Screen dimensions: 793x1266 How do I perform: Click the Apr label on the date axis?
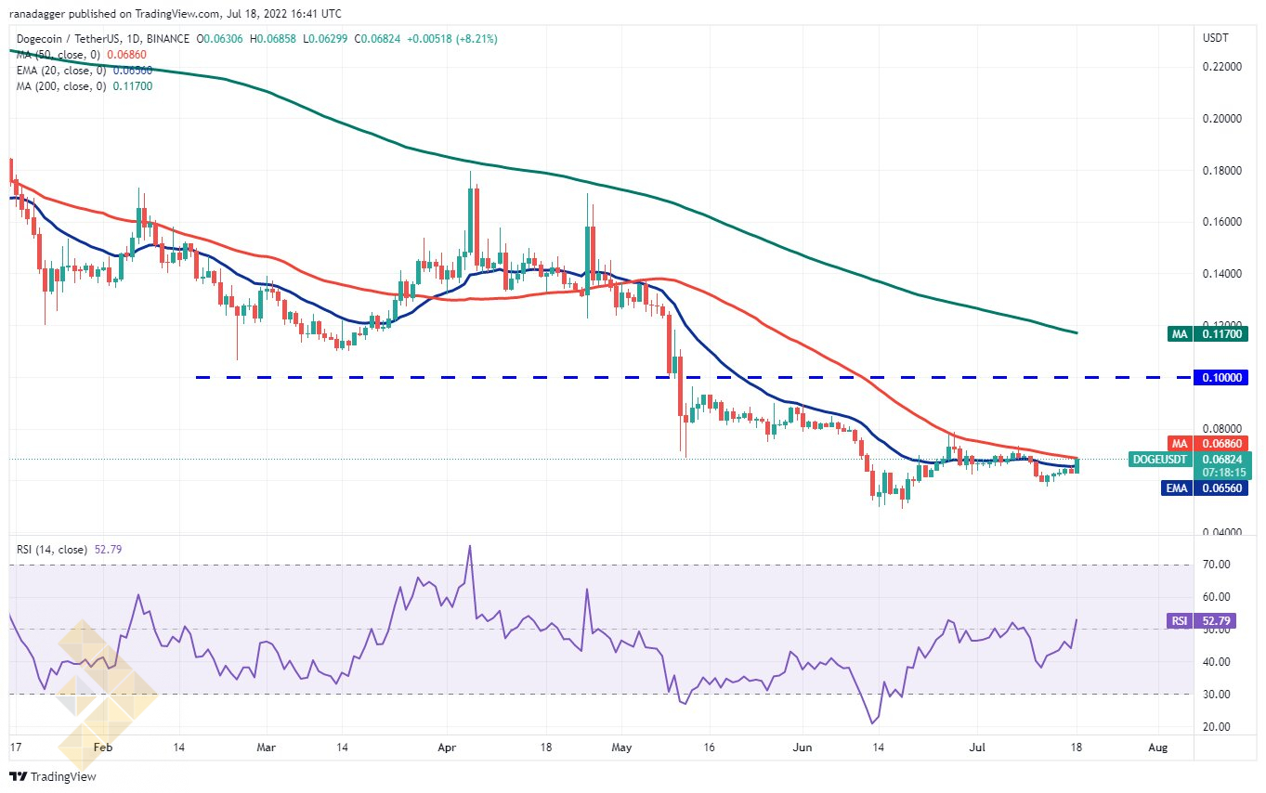(447, 747)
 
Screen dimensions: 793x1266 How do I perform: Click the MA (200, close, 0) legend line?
(84, 86)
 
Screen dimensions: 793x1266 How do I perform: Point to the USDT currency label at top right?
(1215, 38)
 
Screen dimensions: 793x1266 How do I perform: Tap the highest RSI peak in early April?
(470, 546)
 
